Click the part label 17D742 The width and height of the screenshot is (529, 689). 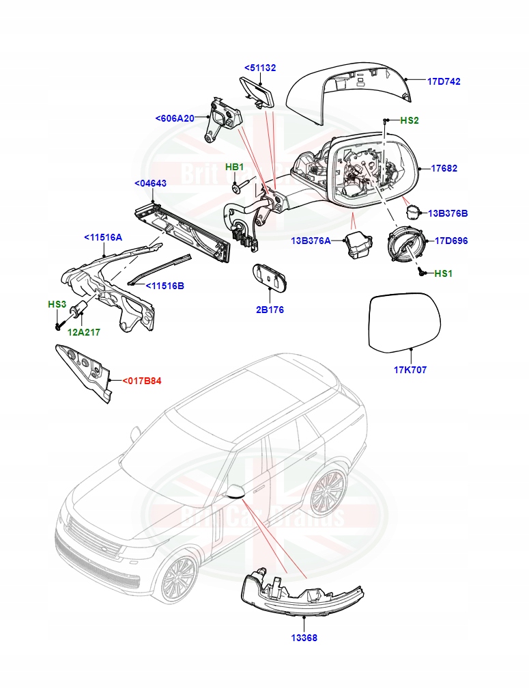(x=444, y=81)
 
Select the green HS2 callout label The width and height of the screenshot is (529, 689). (x=409, y=120)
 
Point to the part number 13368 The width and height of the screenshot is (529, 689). (x=303, y=638)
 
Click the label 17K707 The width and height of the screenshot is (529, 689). (x=410, y=370)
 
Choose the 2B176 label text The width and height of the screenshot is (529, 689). (x=270, y=310)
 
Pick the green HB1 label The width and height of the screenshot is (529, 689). (x=235, y=167)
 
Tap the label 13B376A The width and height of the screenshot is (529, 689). (x=311, y=241)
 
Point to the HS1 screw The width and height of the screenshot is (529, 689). (x=423, y=273)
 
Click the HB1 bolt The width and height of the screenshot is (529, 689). (x=237, y=185)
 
